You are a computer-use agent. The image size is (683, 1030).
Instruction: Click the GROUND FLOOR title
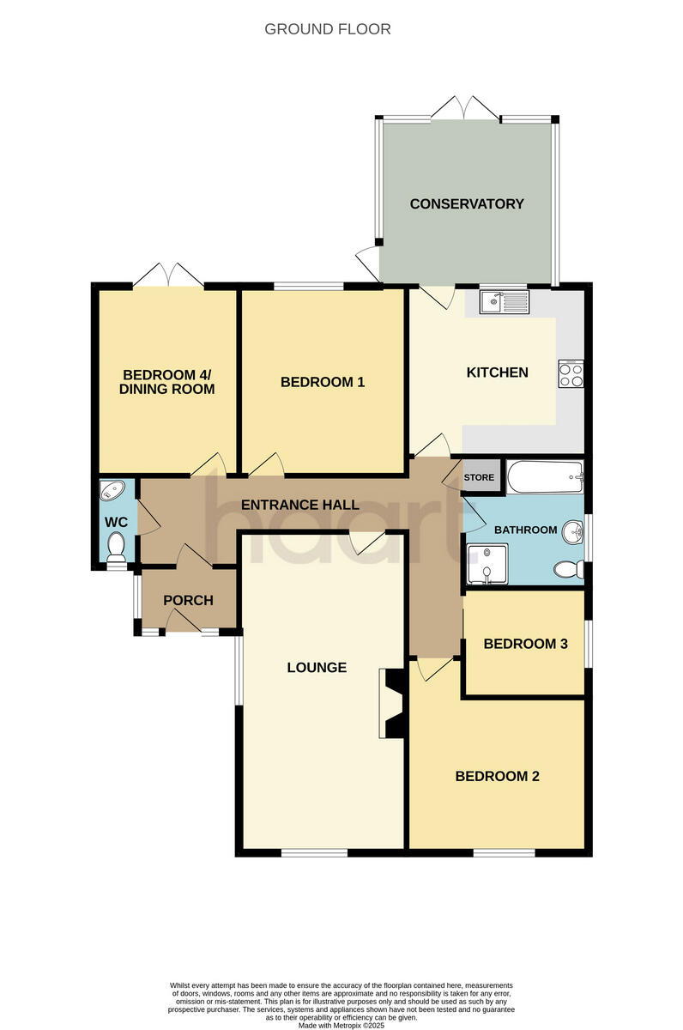click(x=327, y=29)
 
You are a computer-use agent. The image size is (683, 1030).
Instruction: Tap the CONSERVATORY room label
click(x=466, y=204)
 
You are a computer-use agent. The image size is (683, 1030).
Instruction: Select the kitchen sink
click(x=506, y=300)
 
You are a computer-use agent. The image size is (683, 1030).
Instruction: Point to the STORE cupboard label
click(x=479, y=477)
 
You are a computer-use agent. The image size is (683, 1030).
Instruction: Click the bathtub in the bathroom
click(x=545, y=476)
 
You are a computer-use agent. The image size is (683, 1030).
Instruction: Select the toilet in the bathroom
click(x=570, y=569)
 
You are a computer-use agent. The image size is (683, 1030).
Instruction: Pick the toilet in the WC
click(x=117, y=547)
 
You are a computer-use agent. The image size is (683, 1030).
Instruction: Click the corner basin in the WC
click(x=112, y=492)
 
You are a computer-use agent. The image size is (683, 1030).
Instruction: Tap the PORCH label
click(x=188, y=600)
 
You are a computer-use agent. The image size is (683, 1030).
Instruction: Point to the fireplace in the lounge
click(x=393, y=704)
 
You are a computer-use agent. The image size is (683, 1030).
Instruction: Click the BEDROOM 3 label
click(x=525, y=644)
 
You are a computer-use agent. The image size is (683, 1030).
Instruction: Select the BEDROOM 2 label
click(x=497, y=776)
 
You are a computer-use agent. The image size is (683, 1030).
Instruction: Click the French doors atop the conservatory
click(x=465, y=108)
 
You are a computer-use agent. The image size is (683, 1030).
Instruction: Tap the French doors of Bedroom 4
click(x=168, y=276)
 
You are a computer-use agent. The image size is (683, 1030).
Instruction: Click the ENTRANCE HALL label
click(x=299, y=505)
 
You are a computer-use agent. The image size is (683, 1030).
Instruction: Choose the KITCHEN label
click(x=497, y=373)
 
